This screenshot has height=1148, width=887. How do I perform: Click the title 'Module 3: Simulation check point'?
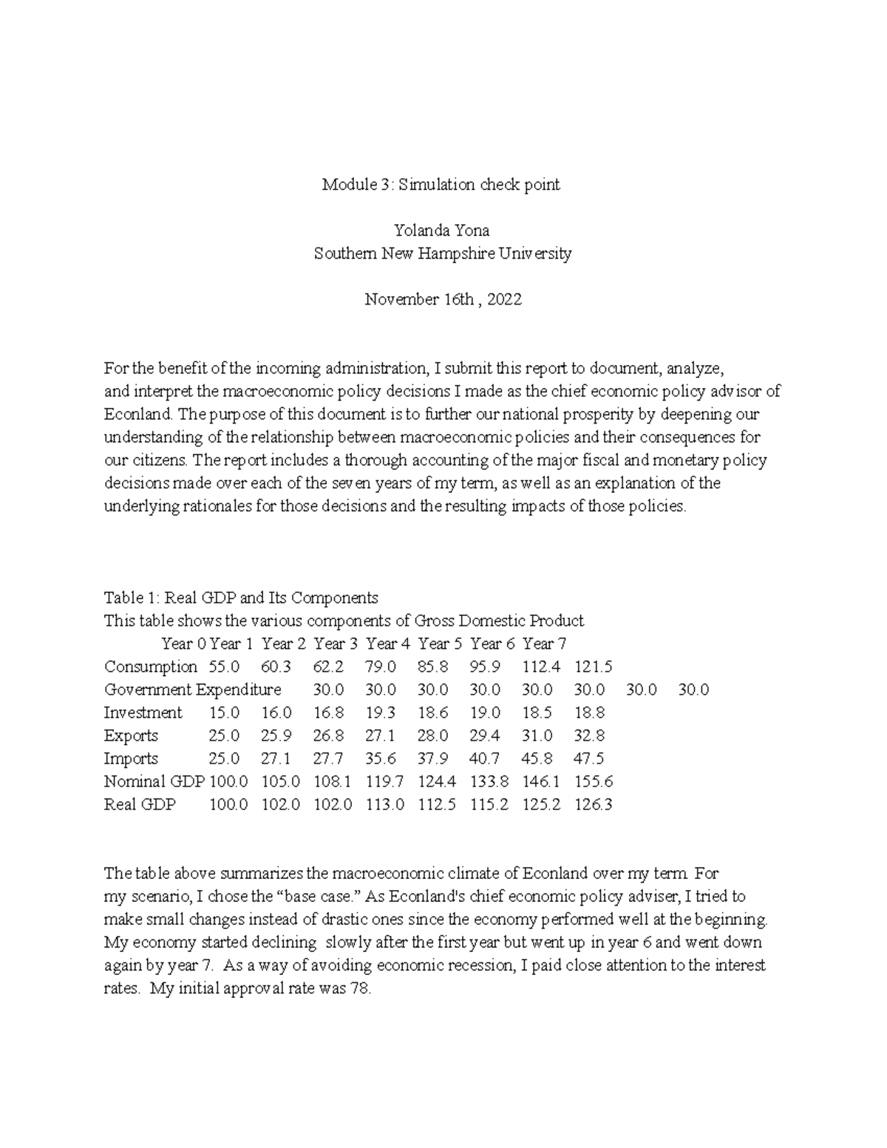[x=441, y=185]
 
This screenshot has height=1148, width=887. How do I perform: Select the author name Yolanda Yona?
[x=441, y=231]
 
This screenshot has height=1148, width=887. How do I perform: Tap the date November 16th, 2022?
[x=443, y=299]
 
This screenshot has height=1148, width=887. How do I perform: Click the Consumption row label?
[x=150, y=667]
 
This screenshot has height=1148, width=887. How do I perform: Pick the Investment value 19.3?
[x=380, y=713]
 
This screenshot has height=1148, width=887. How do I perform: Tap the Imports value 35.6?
[x=380, y=758]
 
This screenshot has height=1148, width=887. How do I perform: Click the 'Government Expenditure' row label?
[x=192, y=690]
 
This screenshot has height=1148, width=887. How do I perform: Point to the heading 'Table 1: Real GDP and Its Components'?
[x=241, y=597]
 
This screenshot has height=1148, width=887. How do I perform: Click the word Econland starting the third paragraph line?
[x=135, y=414]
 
